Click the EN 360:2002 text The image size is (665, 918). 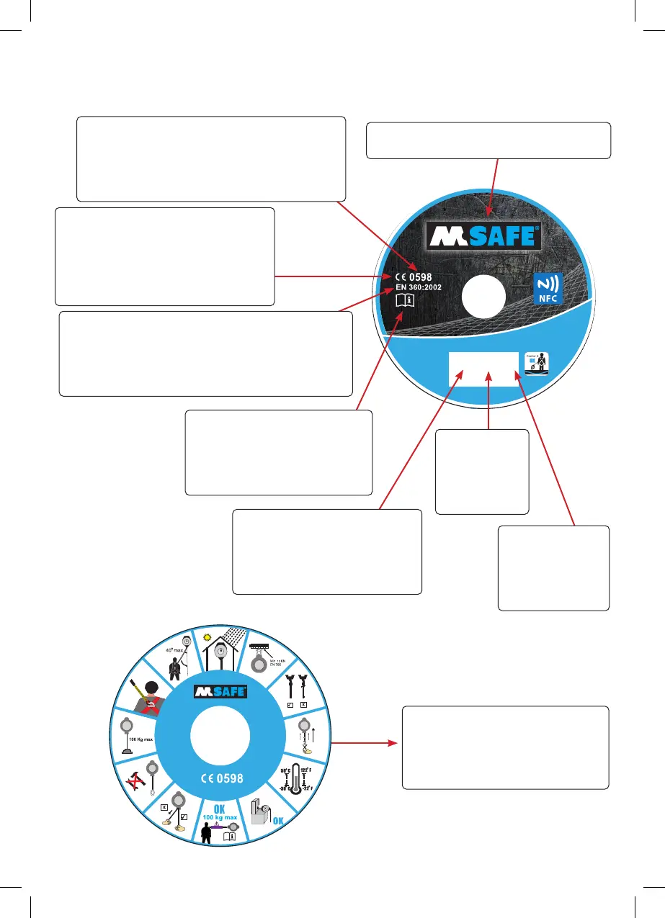[x=419, y=287]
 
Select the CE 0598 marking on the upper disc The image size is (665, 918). [x=414, y=275]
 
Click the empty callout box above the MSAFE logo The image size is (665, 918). [x=488, y=140]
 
